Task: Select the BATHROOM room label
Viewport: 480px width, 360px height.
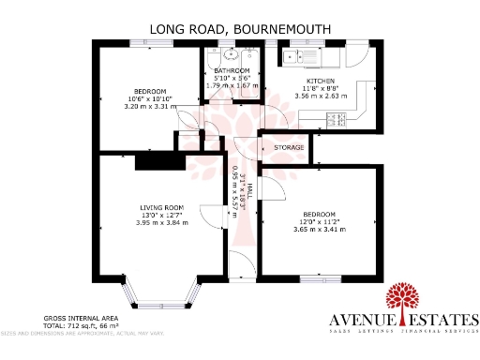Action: (232, 70)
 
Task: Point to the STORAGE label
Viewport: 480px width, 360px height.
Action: (289, 148)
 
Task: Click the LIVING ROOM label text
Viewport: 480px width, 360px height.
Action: (162, 207)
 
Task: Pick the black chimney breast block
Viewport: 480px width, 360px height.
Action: (151, 160)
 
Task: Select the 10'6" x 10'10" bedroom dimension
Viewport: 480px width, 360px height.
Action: (144, 98)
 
